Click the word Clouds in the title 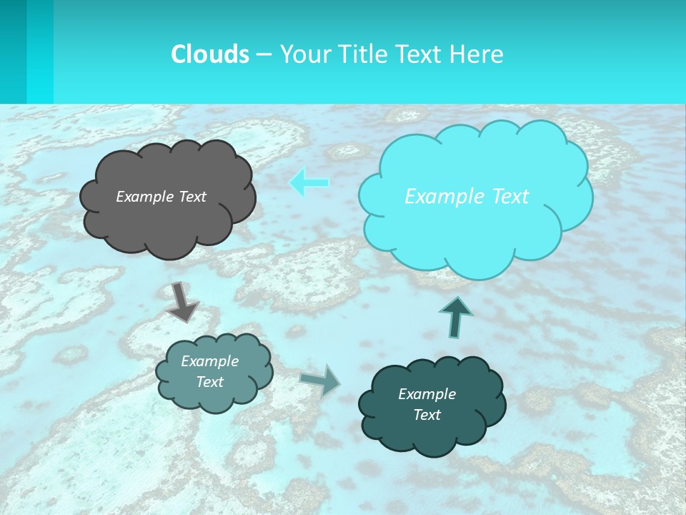click(210, 54)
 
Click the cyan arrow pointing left click(309, 183)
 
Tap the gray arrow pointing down click(182, 301)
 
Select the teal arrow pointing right click(321, 380)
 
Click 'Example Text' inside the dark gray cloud click(161, 197)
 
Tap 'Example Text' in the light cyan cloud click(467, 197)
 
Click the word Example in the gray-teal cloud click(209, 361)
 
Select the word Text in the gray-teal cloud click(209, 382)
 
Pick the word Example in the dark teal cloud click(427, 394)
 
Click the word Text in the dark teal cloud click(427, 415)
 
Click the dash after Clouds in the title click(264, 54)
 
